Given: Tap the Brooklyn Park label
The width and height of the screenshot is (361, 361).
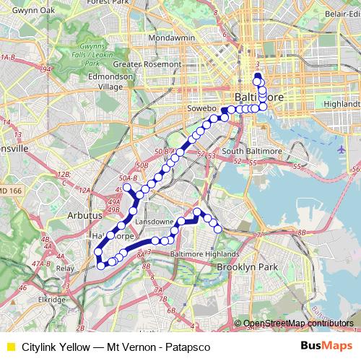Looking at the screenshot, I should (x=248, y=267).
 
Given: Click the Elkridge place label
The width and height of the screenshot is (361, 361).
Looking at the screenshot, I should (x=52, y=299).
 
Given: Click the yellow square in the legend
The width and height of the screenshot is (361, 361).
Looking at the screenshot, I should (x=10, y=345).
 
